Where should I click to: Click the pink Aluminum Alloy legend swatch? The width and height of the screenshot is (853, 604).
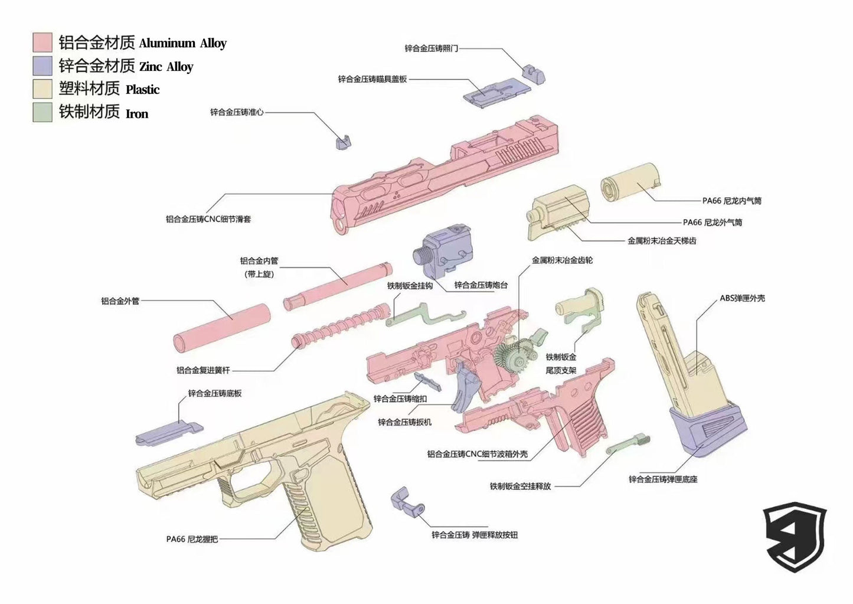pos(43,43)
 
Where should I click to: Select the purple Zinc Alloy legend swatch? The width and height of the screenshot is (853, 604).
pos(43,66)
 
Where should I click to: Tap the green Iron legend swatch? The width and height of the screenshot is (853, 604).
pos(43,112)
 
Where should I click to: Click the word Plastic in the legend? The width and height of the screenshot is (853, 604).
pos(142,90)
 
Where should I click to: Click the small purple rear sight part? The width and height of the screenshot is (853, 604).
pos(534,72)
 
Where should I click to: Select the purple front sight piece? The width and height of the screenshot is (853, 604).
pos(343,141)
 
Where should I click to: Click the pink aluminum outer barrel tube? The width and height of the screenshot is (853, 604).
pos(221,328)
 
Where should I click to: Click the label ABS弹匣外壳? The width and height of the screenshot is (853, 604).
pos(742,298)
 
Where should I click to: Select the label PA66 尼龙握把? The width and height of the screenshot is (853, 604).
pos(192,539)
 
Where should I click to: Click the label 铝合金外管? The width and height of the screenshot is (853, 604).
pos(120,301)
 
